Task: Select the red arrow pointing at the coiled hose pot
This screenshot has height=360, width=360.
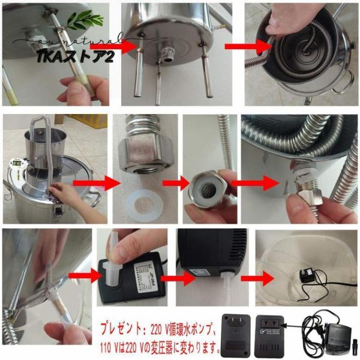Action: (x=245, y=46)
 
